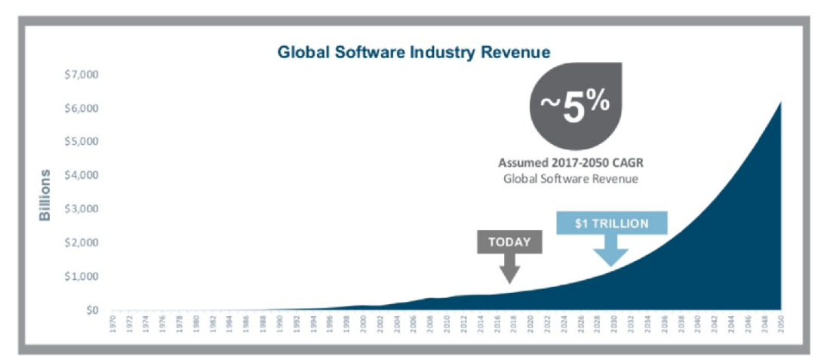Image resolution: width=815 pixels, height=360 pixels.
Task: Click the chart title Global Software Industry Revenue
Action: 414,53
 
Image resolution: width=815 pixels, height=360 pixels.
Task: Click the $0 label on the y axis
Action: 91,310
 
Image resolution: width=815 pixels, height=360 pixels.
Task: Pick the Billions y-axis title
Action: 46,195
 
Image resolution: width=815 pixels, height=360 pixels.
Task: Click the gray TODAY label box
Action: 509,242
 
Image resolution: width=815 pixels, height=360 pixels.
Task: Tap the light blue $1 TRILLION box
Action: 611,223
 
